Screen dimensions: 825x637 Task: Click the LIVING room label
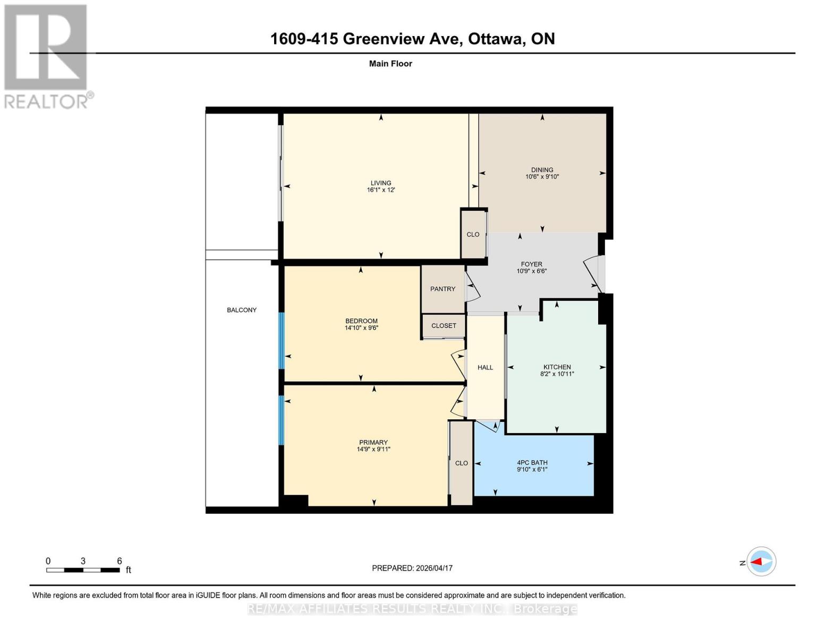pos(381,183)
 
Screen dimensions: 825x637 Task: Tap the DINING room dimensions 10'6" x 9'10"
pos(542,177)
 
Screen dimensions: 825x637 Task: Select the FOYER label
pos(532,264)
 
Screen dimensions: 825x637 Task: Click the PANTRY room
pos(443,289)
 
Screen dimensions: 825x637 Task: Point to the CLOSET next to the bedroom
pos(444,326)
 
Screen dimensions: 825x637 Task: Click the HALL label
pos(485,367)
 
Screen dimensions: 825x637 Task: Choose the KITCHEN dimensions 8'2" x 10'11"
pos(557,374)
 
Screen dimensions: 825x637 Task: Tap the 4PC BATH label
pos(532,462)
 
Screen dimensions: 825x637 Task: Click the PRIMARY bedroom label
pos(373,442)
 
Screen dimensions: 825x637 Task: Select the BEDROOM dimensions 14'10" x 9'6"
pos(361,328)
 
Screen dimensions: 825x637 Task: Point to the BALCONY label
pos(242,310)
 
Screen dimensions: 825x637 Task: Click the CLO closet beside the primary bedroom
pos(462,463)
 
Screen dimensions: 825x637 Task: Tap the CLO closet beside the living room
pos(473,235)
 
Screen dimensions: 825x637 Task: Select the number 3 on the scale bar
pos(83,561)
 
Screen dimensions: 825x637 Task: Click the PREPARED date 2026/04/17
pos(435,569)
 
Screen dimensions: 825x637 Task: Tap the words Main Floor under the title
pos(390,64)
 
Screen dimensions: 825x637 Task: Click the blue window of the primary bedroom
pos(282,420)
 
